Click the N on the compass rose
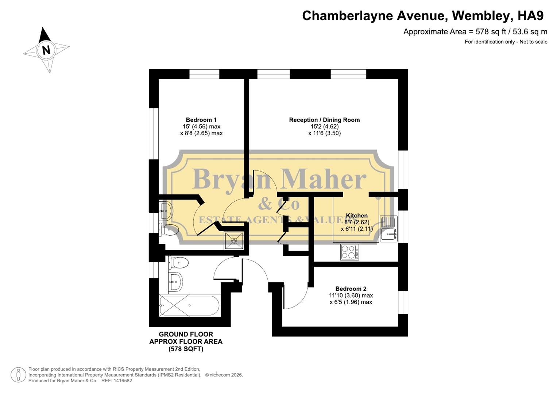46,50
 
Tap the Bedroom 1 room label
201,120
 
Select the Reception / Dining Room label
324,120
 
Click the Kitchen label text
356,216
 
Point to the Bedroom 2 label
351,289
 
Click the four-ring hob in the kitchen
349,252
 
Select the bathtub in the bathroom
189,305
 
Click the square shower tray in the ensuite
234,240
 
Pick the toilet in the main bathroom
178,263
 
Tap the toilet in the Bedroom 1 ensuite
169,230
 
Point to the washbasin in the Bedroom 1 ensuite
166,210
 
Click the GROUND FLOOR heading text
186,334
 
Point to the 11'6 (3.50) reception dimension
324,133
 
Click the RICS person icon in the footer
18,375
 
